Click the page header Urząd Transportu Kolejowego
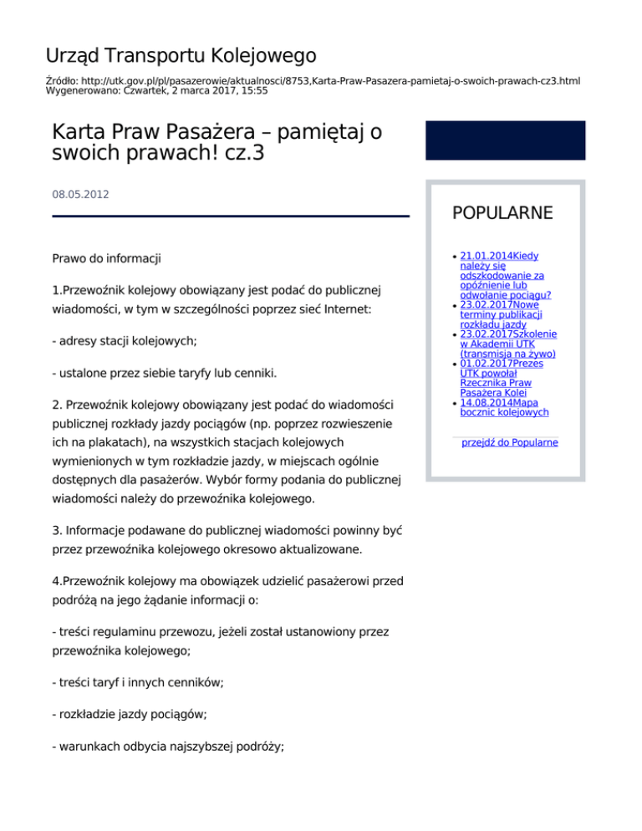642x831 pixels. coord(181,56)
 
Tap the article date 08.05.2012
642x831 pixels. coord(80,194)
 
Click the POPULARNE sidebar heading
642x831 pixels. coord(502,213)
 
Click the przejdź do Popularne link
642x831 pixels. coord(510,442)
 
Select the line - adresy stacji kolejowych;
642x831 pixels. coord(126,341)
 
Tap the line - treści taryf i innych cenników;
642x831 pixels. coord(137,682)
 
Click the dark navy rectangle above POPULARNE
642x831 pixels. coord(506,140)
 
